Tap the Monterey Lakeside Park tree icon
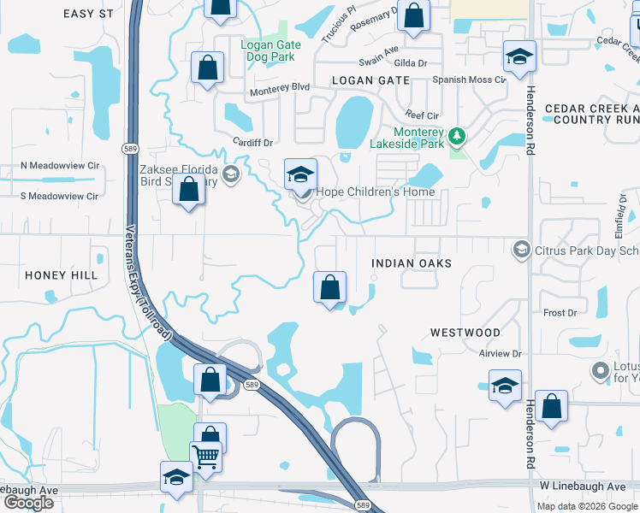[x=457, y=135]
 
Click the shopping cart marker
[x=205, y=457]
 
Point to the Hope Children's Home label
[x=376, y=192]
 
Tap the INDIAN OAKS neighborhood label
[x=411, y=263]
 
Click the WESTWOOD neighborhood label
[x=465, y=332]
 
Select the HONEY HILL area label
[x=61, y=275]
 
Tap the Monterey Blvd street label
[x=279, y=90]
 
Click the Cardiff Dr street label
[x=252, y=143]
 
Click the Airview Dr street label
[x=500, y=353]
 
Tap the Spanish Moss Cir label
[x=469, y=80]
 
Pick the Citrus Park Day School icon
[x=519, y=250]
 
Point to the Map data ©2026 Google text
[x=586, y=505]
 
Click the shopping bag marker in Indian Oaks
[x=330, y=288]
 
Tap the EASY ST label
[x=88, y=14]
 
